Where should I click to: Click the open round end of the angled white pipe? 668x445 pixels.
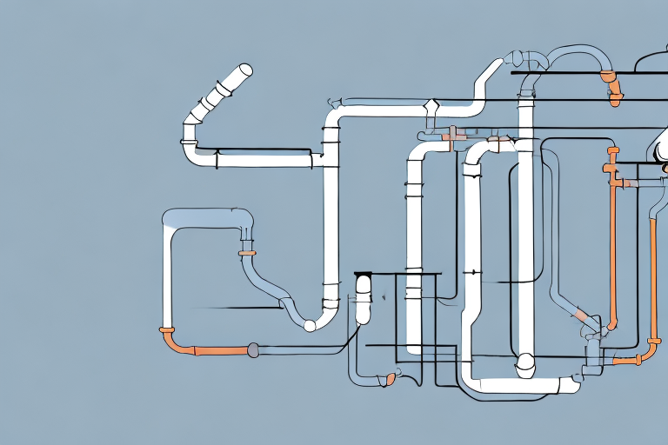(x=245, y=70)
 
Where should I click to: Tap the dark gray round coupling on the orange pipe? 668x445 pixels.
(x=253, y=350)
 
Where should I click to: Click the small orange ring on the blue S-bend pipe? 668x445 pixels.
(x=247, y=254)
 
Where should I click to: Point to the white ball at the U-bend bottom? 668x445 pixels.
(x=309, y=326)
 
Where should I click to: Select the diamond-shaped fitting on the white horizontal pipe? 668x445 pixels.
(x=431, y=108)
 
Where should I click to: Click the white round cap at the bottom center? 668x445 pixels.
(x=525, y=364)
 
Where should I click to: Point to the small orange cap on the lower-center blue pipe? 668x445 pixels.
(x=391, y=379)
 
